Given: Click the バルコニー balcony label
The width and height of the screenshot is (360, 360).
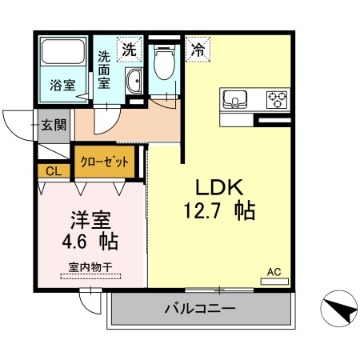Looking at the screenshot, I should [199, 308].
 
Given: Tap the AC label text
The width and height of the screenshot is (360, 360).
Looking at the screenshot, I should [273, 270].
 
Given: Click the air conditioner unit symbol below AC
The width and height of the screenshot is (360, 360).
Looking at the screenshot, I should [274, 281].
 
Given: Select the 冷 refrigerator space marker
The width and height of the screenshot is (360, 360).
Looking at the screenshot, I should [197, 49].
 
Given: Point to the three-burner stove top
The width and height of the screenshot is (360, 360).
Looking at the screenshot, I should [277, 99].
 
